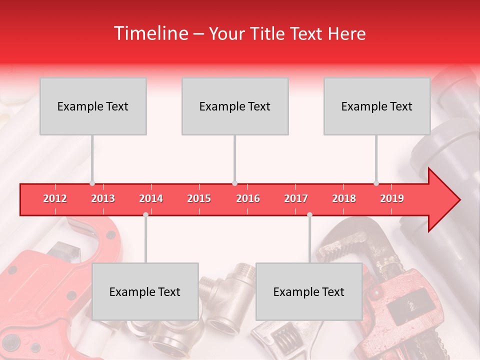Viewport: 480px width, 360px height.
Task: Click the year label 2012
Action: point(55,198)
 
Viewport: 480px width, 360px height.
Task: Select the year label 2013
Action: point(103,198)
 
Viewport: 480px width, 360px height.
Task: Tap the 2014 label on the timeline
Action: point(151,198)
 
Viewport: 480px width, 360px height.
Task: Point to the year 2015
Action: point(199,198)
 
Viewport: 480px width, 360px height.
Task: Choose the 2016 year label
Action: point(248,198)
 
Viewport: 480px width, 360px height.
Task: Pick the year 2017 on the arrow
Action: point(296,198)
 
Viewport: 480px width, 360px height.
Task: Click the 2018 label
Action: point(344,198)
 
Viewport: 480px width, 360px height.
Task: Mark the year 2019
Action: point(392,198)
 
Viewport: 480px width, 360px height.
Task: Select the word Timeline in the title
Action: point(150,33)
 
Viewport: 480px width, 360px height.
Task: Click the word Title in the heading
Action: point(268,33)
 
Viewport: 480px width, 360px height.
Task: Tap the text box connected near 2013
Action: point(93,106)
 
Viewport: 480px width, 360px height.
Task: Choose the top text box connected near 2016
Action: point(235,106)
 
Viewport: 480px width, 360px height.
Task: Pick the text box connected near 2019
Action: point(377,106)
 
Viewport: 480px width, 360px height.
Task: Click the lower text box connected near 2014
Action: point(145,291)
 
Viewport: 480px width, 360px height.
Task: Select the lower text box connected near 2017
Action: point(309,291)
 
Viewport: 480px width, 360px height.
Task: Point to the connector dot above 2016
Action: point(235,183)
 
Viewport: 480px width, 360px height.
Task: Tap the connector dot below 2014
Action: point(145,214)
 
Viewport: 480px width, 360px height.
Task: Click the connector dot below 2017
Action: point(309,214)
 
